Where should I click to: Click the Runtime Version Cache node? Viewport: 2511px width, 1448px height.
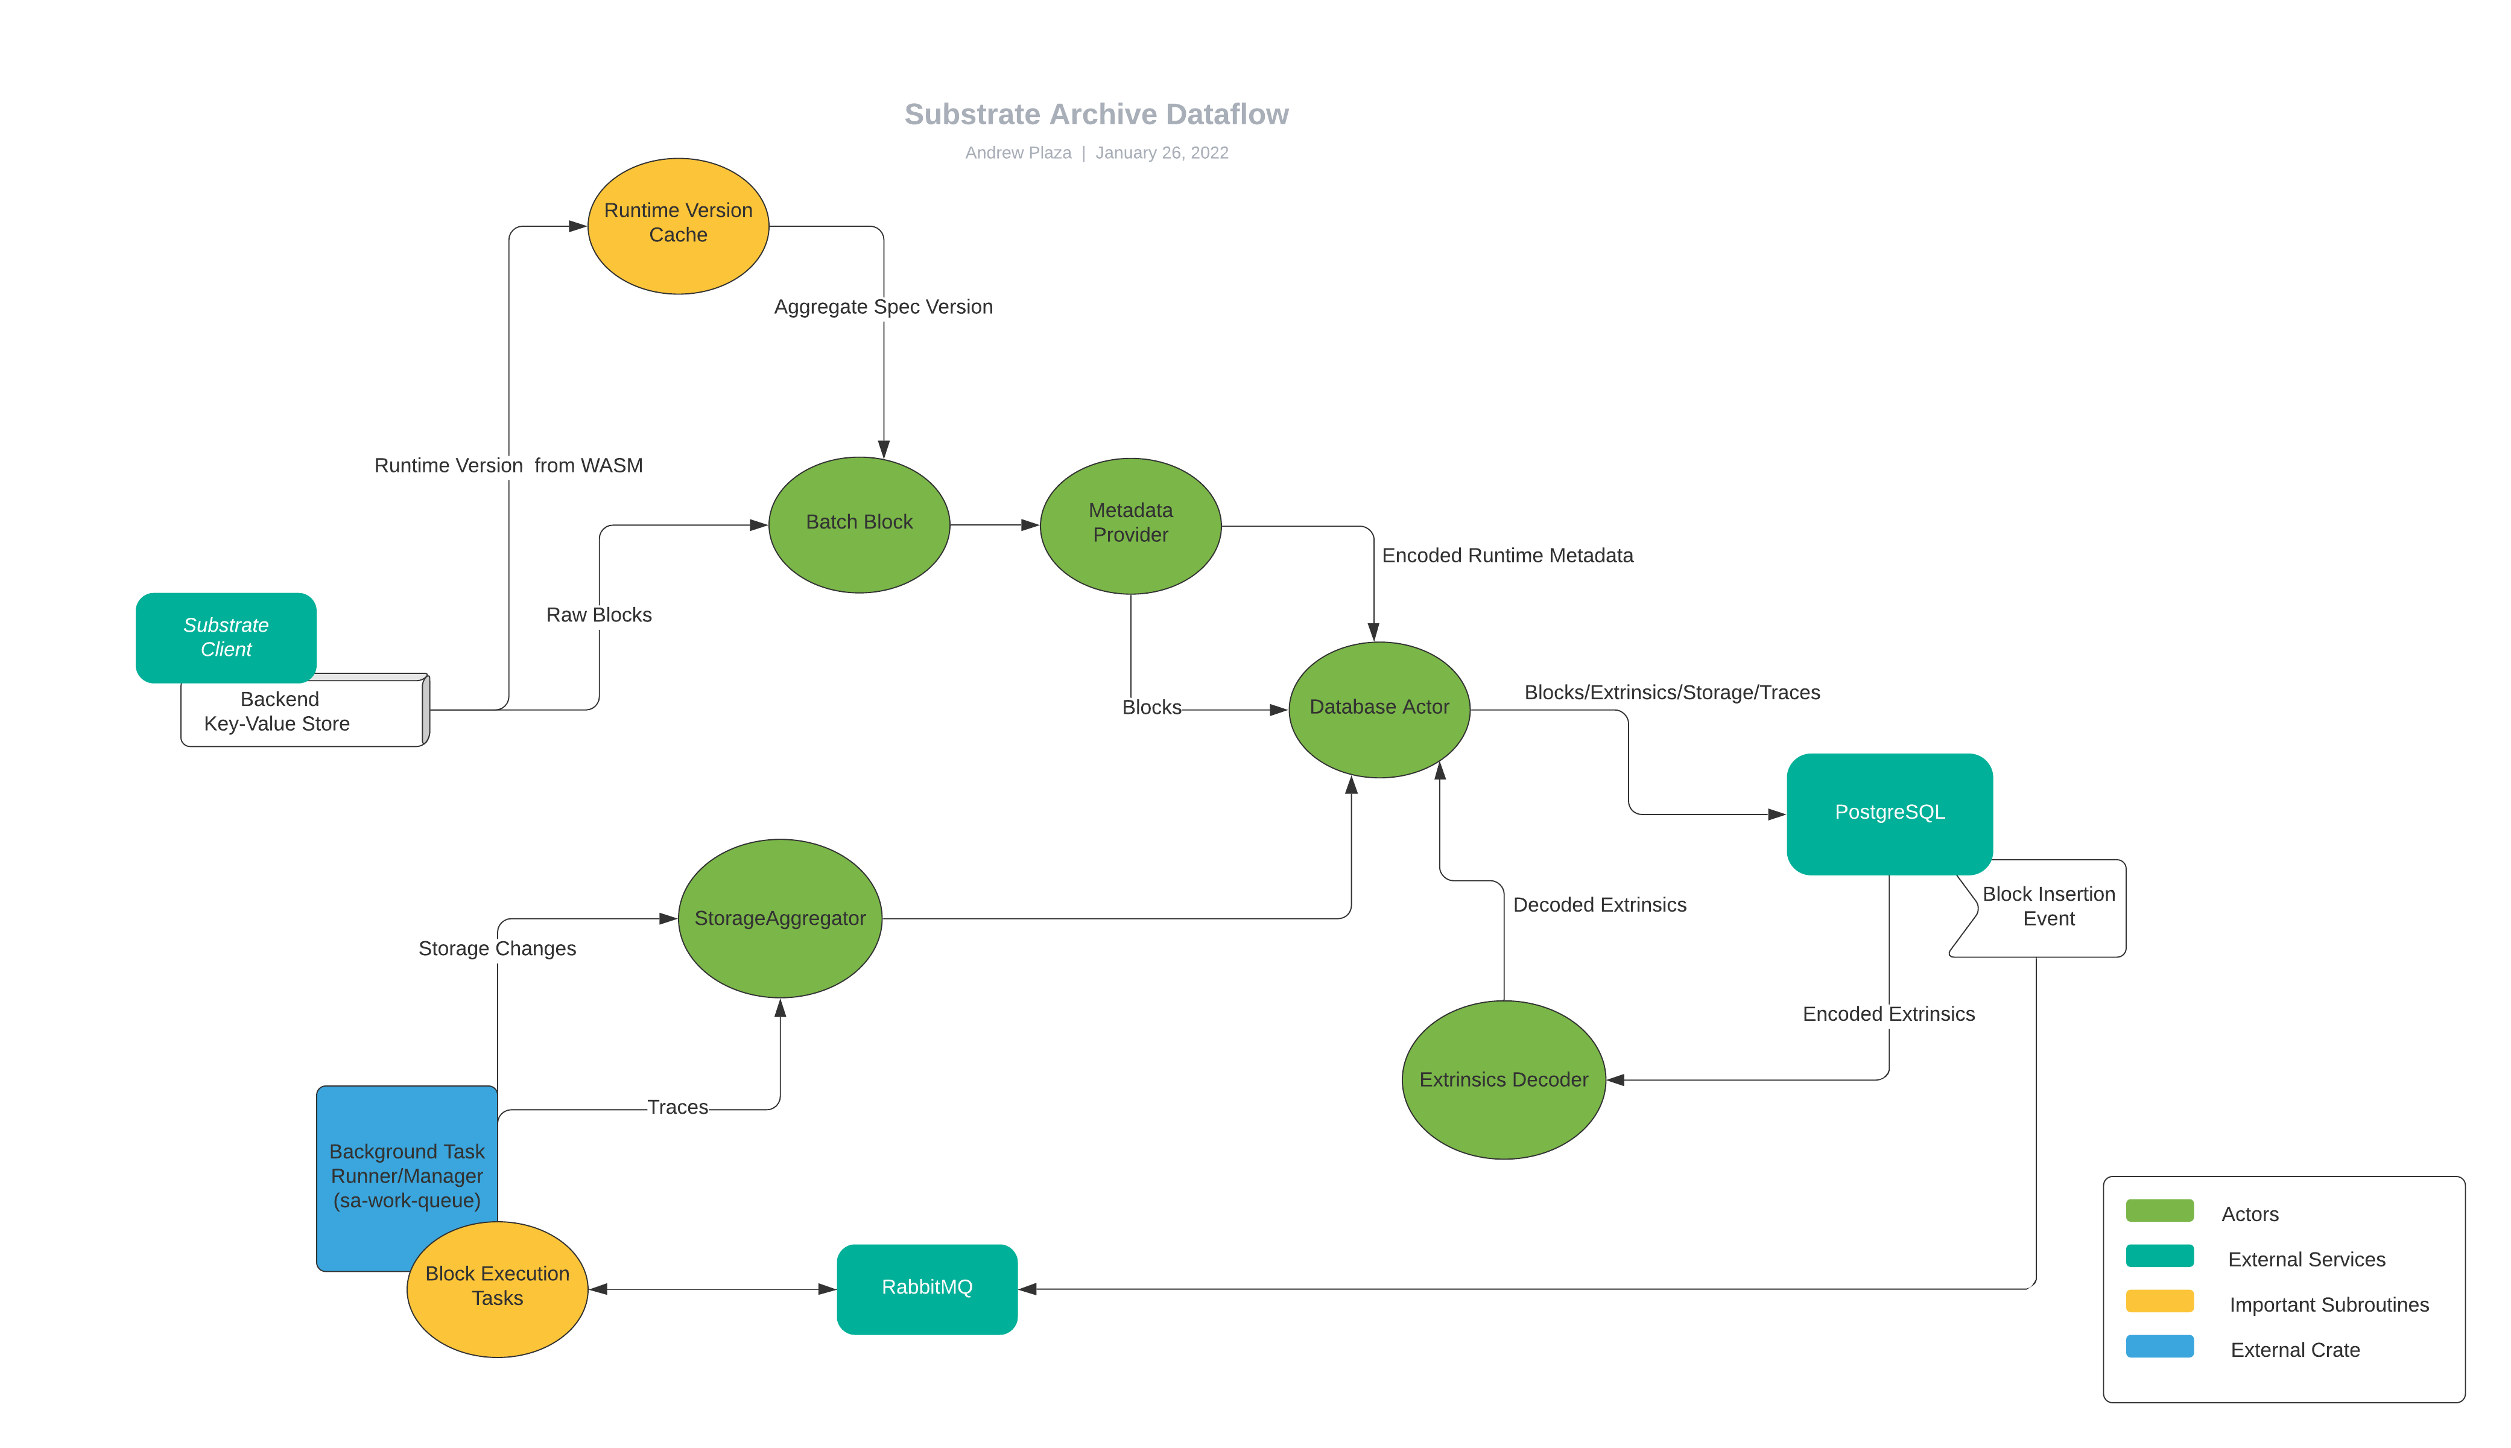678,225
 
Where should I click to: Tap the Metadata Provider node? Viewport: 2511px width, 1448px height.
1130,524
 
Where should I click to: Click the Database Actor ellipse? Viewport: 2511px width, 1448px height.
1379,708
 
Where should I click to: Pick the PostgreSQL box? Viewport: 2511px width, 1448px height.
1889,813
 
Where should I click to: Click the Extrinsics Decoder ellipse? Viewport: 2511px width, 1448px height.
1503,1079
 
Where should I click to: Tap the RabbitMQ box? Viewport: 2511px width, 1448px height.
926,1288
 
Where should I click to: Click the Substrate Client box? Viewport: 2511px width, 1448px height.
226,637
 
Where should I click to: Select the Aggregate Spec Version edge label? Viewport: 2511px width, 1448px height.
882,306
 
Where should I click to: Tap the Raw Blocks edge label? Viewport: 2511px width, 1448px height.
598,615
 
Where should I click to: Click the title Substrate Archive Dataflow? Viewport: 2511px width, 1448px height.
1095,115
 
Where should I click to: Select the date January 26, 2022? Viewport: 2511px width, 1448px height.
1161,152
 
